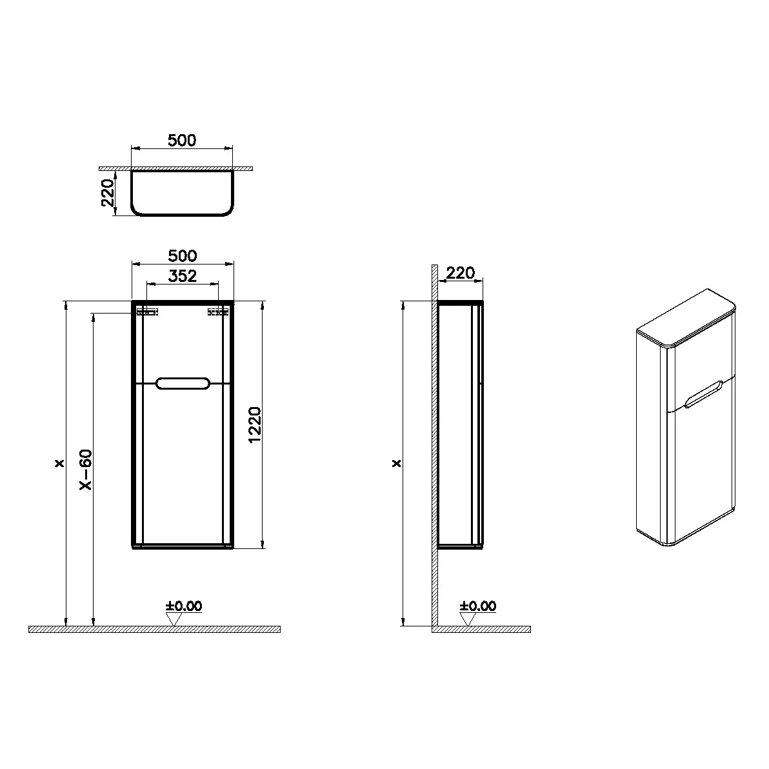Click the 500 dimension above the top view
tap(182, 140)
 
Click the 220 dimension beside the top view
tap(107, 193)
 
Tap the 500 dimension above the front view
tap(183, 256)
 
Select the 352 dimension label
tap(183, 276)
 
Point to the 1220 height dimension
tap(255, 424)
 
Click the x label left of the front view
tap(60, 463)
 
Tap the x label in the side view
tap(397, 463)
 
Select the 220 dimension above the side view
tap(461, 273)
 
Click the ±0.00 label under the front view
tap(184, 606)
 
